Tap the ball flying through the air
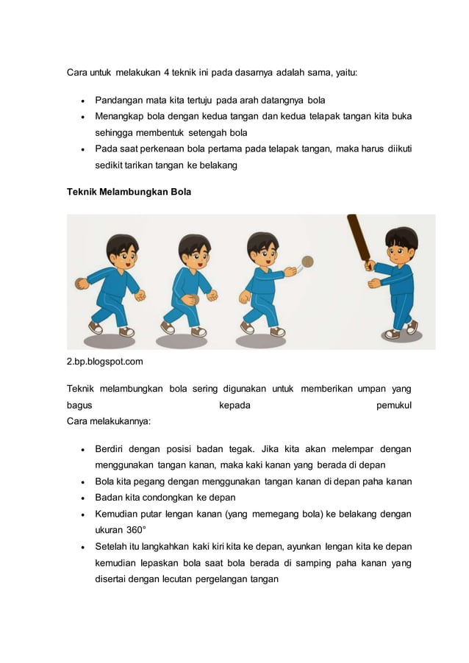(x=309, y=261)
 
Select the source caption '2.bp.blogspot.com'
(x=105, y=362)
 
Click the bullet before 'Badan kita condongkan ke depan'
(x=83, y=498)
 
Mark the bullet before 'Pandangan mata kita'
(x=83, y=100)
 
